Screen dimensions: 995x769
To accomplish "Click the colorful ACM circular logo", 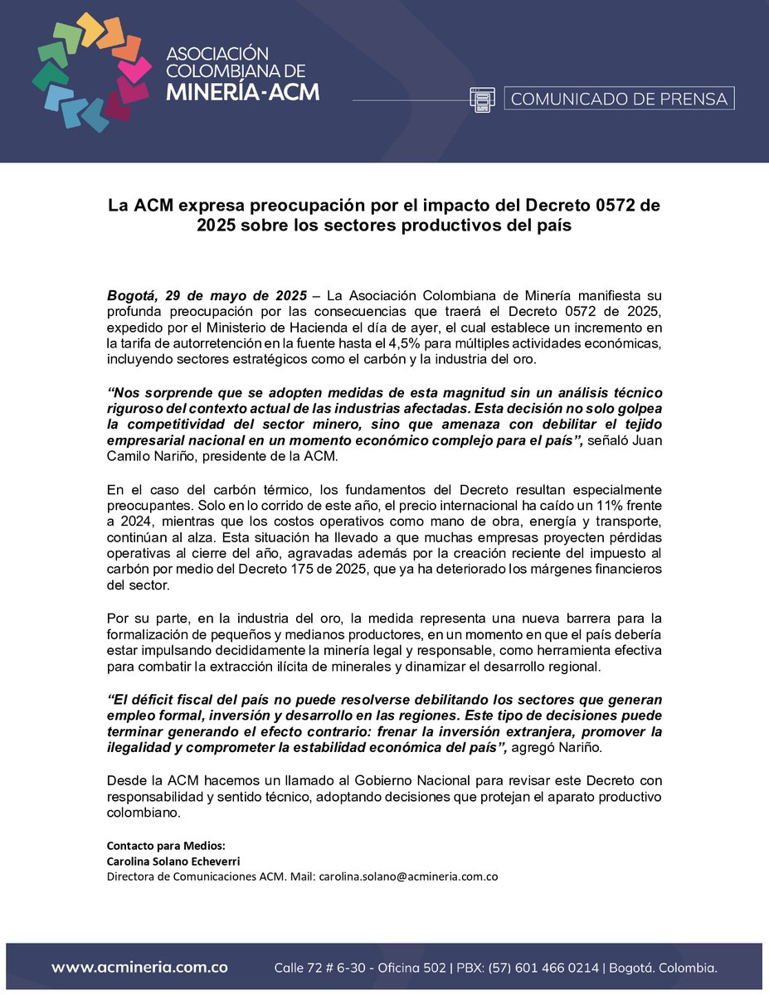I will (x=91, y=73).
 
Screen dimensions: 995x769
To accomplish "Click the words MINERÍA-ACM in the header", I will (x=241, y=91).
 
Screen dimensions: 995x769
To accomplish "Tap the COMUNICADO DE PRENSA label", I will (x=619, y=99).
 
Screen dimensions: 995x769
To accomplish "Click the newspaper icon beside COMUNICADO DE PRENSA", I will (x=482, y=99).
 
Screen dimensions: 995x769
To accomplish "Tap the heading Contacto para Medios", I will (x=165, y=846).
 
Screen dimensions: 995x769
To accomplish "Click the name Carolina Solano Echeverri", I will (x=173, y=861).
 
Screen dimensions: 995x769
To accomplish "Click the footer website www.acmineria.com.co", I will (x=139, y=968).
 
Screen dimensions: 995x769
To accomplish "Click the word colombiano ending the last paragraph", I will (x=144, y=813).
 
